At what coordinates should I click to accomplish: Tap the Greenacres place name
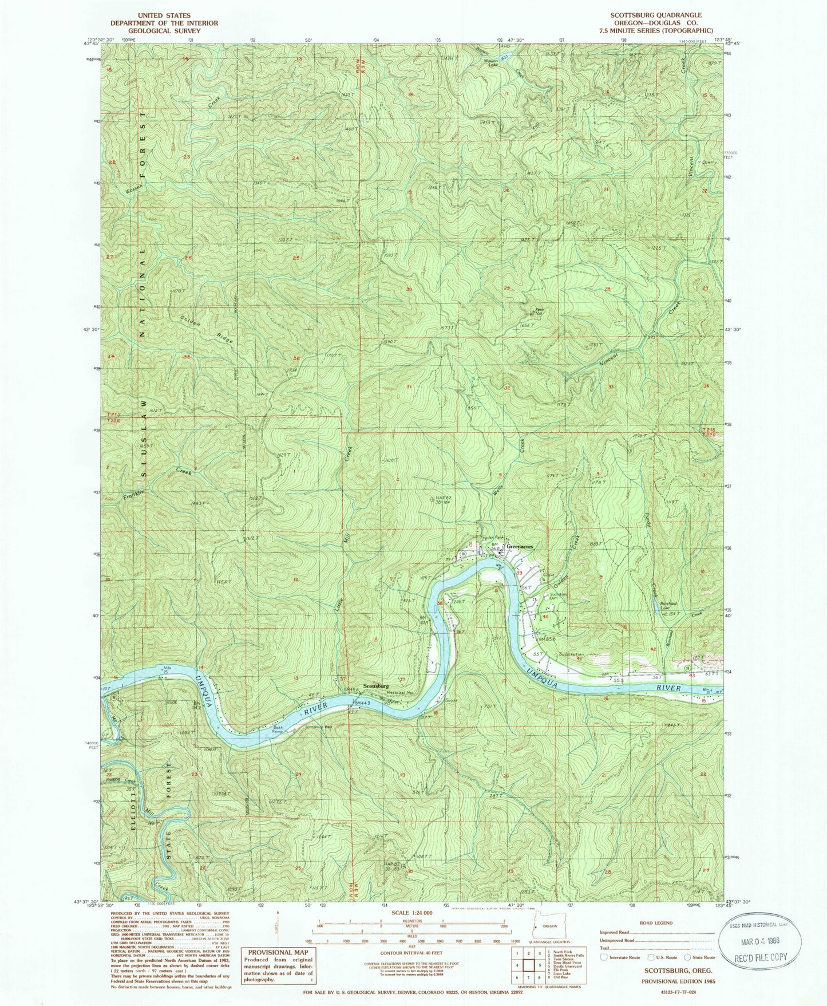click(x=520, y=547)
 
